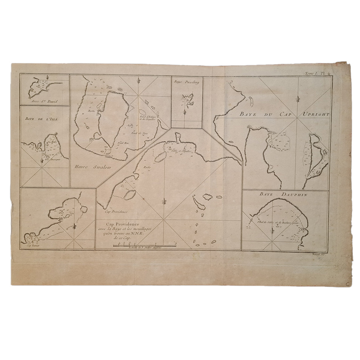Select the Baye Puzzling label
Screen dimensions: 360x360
click(x=186, y=81)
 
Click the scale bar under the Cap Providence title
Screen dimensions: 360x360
click(x=145, y=246)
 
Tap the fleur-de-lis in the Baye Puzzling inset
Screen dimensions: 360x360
click(x=185, y=112)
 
